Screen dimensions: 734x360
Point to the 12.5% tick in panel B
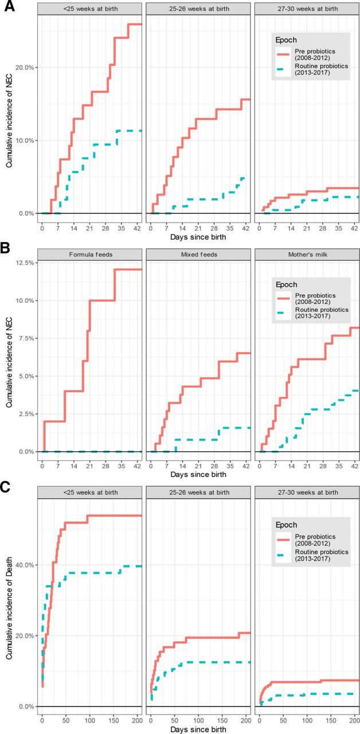pyautogui.click(x=25, y=262)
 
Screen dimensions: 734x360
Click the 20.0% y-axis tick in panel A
pyautogui.click(x=25, y=68)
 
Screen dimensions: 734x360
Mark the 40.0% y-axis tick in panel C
pyautogui.click(x=25, y=565)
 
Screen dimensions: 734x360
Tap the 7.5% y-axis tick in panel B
pyautogui.click(x=27, y=338)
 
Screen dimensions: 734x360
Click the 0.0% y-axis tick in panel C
pyautogui.click(x=27, y=706)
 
